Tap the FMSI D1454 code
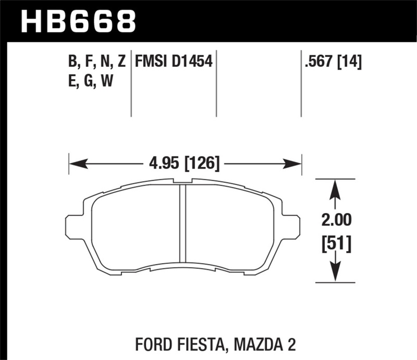pos(173,63)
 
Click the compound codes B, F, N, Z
pos(97,63)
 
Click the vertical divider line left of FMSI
pos(131,83)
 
